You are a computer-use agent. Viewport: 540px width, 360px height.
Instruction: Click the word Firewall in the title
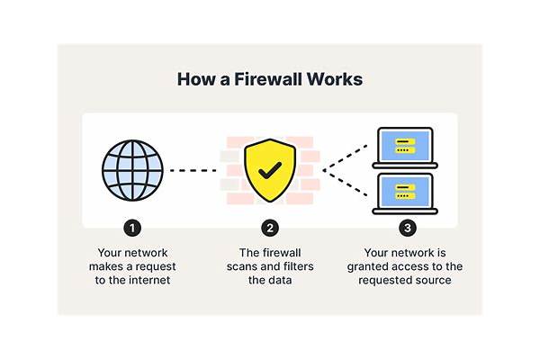(264, 79)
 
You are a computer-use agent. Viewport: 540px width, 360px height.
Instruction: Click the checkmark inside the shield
(268, 169)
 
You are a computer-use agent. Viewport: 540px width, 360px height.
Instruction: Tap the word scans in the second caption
(247, 267)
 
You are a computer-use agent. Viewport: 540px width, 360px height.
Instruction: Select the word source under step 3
(433, 280)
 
